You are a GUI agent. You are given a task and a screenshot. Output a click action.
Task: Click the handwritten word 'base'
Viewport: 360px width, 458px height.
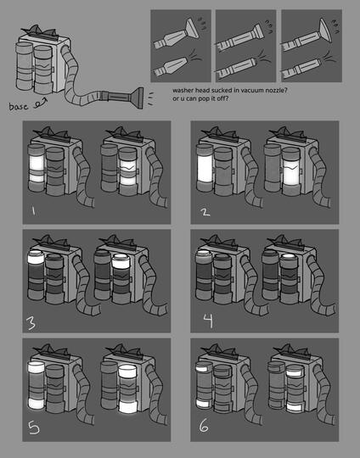[x=19, y=106]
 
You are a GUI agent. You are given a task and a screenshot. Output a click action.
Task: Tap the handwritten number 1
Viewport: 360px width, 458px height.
[x=33, y=210]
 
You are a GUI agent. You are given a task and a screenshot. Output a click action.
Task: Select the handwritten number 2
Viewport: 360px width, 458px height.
[x=205, y=211]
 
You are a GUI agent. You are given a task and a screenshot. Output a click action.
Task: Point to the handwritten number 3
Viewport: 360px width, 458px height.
[x=31, y=323]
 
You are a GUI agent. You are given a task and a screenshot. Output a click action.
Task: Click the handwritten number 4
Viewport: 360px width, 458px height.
[x=208, y=321]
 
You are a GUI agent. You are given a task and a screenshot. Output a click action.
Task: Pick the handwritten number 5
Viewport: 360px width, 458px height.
[x=34, y=427]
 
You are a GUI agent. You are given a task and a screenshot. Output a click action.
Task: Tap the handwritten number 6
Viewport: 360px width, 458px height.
[x=204, y=426]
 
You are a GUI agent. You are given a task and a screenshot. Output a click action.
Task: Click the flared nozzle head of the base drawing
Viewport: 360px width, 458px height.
[x=137, y=98]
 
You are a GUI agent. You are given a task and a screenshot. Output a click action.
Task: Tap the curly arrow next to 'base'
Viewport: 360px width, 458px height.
[x=40, y=103]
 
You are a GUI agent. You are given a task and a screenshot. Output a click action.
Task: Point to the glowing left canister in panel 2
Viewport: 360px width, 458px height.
[x=205, y=168]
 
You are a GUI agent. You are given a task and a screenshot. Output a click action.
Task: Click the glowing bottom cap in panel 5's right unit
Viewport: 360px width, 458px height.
[x=128, y=406]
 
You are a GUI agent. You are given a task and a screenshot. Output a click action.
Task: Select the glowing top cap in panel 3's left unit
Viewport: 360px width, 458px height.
[x=36, y=257]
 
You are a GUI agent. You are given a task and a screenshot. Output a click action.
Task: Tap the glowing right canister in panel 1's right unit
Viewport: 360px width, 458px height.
[x=128, y=170]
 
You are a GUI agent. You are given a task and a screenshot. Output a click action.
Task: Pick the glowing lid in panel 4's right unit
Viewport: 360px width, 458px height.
[x=288, y=256]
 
